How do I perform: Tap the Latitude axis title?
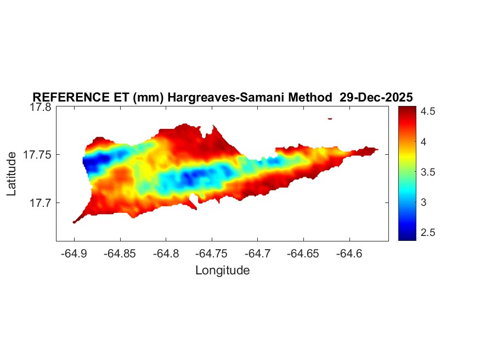click(x=12, y=174)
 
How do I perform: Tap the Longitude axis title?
click(x=222, y=270)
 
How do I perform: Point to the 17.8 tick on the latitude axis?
click(x=41, y=107)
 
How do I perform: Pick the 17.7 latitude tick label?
click(x=41, y=203)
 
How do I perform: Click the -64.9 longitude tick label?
click(x=74, y=254)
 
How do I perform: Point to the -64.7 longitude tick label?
click(x=258, y=254)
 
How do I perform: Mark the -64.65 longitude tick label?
click(x=304, y=254)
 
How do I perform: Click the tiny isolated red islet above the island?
click(x=330, y=118)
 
